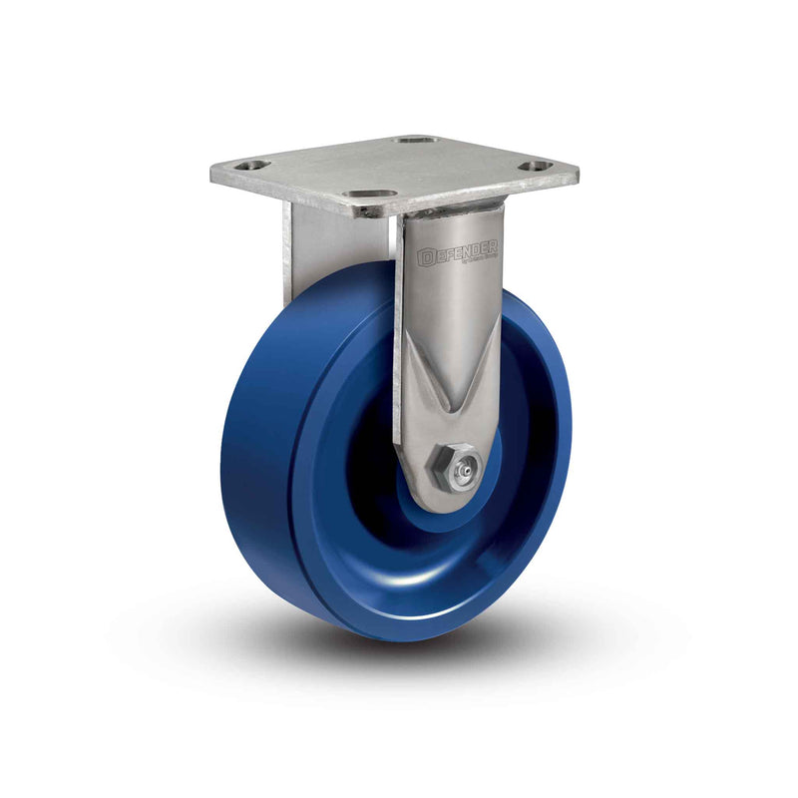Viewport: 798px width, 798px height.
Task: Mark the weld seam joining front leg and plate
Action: coord(449,212)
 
